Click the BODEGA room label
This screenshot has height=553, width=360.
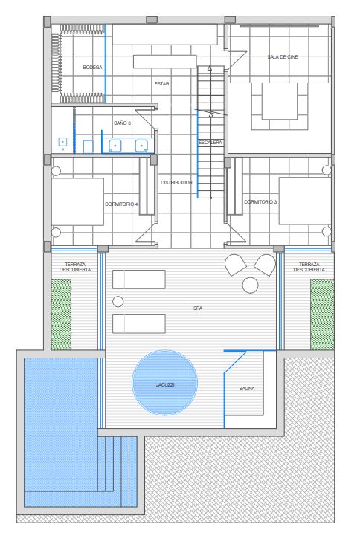92,68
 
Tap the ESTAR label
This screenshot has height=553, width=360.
161,83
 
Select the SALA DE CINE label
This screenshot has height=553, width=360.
283,56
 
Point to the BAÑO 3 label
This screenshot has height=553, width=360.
122,123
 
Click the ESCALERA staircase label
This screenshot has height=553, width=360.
210,143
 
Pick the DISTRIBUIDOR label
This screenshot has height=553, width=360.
176,183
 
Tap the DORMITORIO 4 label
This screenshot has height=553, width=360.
121,204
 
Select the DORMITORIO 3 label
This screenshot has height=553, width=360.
260,202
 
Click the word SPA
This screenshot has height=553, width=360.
198,308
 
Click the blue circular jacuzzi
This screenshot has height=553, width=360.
165,382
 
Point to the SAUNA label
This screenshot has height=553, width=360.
247,389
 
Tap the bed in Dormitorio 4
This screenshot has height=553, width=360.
77,201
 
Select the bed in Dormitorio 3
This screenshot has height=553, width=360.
305,201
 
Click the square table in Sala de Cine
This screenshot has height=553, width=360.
279,101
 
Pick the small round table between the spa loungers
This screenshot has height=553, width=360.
118,302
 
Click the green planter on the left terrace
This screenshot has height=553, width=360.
62,314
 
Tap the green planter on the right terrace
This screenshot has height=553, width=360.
322,314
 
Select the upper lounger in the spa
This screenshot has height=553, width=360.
139,279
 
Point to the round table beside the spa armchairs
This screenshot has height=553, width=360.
250,285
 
